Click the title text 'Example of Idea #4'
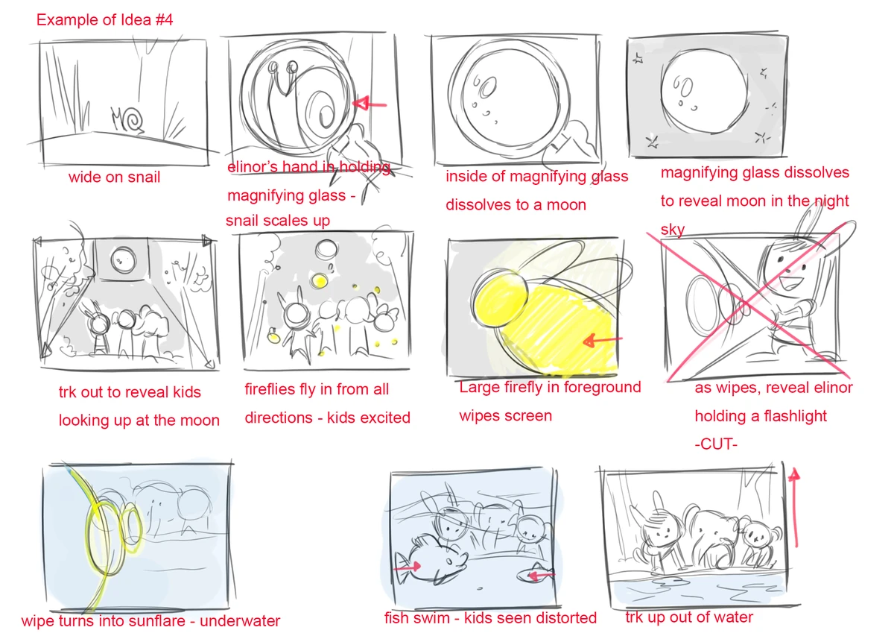coord(104,20)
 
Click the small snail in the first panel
coord(127,119)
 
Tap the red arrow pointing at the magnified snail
coord(370,104)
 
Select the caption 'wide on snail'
coord(114,177)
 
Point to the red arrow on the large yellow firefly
coord(602,340)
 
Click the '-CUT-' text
coord(716,444)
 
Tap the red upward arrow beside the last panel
coord(795,508)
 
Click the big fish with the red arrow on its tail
coord(431,562)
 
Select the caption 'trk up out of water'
coord(689,617)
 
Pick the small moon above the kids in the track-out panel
coord(124,260)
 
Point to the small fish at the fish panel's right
coord(535,574)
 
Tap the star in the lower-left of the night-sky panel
coord(652,142)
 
